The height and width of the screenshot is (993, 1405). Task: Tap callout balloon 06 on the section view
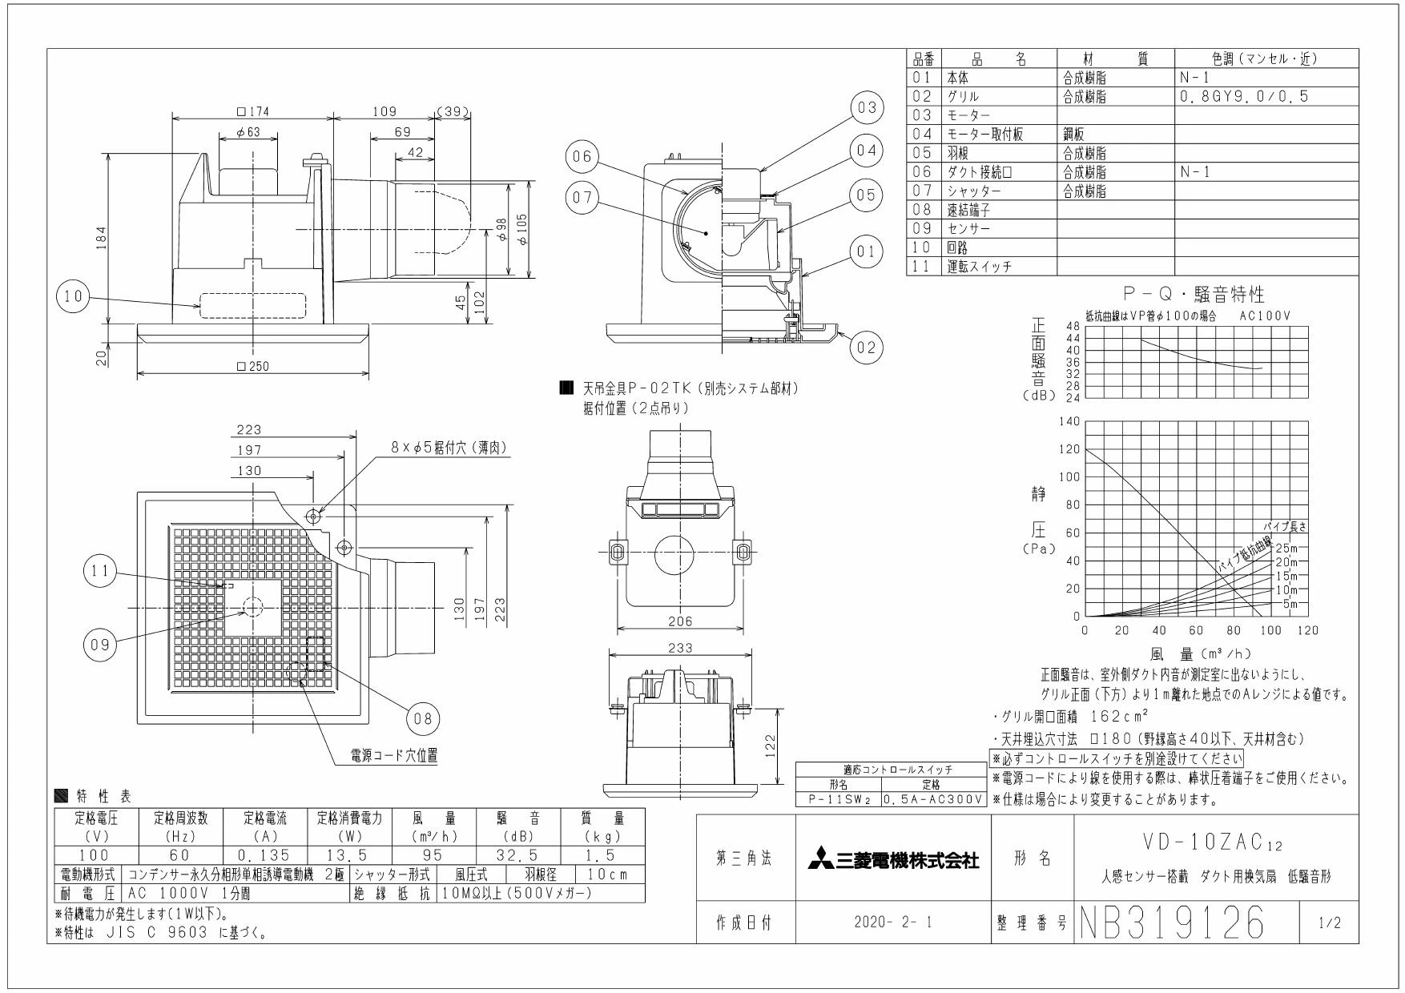pos(582,157)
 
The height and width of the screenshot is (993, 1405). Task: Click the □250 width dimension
pos(253,366)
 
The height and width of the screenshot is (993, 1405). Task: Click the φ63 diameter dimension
pos(248,133)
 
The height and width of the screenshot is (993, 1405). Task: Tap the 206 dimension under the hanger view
pos(680,621)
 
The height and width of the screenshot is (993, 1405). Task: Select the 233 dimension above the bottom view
pos(680,648)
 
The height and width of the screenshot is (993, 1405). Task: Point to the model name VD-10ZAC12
pos(1214,845)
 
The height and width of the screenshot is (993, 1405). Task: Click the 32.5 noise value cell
pos(517,856)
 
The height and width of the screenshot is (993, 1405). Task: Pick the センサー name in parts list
pos(968,229)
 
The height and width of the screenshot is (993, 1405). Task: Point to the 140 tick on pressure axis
pos(1069,421)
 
